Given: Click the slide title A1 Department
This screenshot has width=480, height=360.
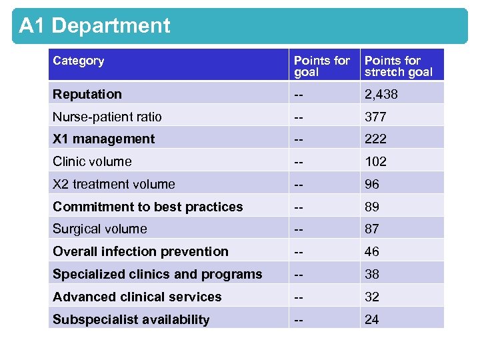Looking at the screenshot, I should click(95, 26).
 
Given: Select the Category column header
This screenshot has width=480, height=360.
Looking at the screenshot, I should click(79, 61).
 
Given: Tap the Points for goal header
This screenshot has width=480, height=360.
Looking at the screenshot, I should click(321, 66).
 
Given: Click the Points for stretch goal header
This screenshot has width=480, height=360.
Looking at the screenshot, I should click(398, 66).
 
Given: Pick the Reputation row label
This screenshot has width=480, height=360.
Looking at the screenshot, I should click(87, 94).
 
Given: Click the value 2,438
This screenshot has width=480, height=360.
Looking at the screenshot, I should click(381, 94).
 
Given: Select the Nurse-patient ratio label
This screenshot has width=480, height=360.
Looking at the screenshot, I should click(107, 117).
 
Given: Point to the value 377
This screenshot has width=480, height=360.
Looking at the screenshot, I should click(375, 117).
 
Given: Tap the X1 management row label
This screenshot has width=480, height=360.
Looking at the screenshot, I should click(103, 139).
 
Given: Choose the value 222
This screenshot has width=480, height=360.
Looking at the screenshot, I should click(375, 139).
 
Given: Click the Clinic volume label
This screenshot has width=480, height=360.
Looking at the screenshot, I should click(92, 161).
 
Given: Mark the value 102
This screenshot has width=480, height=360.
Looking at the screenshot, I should click(375, 161).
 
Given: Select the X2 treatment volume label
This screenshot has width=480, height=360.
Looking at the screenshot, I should click(113, 184).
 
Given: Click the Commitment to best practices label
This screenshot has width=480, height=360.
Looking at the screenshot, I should click(147, 207).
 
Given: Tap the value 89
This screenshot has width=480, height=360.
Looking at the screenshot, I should click(371, 207).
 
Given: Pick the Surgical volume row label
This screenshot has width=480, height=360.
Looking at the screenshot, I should click(99, 229).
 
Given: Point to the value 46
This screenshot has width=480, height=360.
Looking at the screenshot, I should click(371, 251).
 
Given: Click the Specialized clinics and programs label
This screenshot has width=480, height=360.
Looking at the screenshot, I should click(157, 274).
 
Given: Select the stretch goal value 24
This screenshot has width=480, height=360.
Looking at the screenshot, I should click(371, 319).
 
